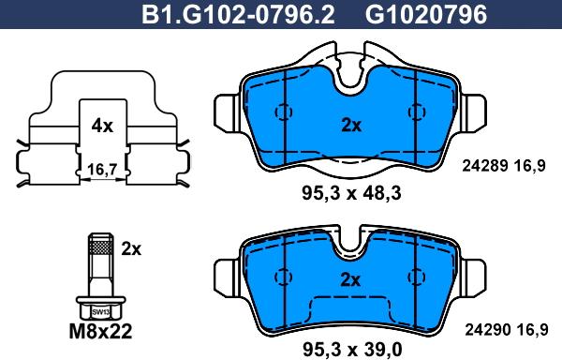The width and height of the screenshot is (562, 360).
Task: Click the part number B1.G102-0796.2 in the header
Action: click(x=238, y=15)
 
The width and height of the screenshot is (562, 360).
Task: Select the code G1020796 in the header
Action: click(x=426, y=15)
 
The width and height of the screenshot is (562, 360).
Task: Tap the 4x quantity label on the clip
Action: click(x=102, y=126)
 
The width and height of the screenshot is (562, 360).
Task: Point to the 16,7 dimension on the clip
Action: click(x=102, y=170)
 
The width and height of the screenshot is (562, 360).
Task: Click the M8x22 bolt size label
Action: click(x=100, y=332)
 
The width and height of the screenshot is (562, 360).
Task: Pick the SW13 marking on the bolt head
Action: click(x=100, y=312)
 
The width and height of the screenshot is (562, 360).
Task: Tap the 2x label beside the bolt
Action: click(x=131, y=248)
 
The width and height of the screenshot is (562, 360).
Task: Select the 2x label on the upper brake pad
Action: click(x=351, y=126)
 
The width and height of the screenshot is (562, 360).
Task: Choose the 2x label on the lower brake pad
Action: click(x=350, y=279)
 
